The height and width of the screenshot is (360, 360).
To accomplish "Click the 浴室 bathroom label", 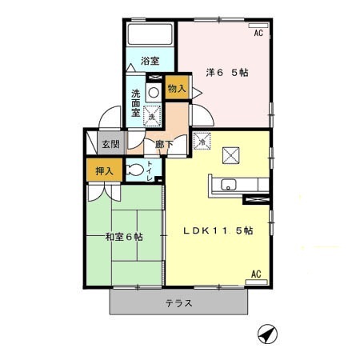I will click(x=149, y=60).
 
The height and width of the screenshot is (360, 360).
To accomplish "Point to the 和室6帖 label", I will click(x=124, y=237).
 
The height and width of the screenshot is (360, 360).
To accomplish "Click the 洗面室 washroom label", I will click(x=136, y=103).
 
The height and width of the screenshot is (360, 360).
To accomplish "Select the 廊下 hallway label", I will click(x=163, y=145).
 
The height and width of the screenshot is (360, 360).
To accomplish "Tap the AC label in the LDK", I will click(x=257, y=274).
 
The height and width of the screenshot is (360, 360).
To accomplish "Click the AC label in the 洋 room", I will click(x=258, y=34).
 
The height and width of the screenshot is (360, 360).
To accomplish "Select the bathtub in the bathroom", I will click(x=150, y=34).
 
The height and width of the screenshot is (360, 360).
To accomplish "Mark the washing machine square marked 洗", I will click(x=151, y=116).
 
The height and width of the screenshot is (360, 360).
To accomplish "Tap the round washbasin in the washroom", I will click(x=152, y=91).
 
